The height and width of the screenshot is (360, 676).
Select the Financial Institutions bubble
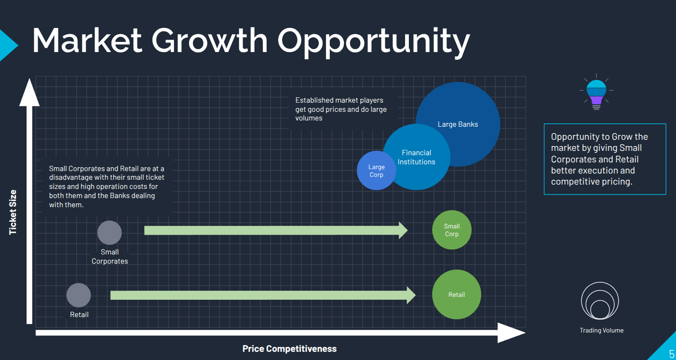tap(417, 157)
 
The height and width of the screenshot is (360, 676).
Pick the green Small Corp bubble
tap(452, 230)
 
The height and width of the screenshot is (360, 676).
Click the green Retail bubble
tap(457, 294)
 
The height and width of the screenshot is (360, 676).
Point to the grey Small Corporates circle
tap(109, 233)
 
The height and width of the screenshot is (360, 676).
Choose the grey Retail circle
tap(79, 295)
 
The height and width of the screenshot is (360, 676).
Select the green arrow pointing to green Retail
tap(263, 295)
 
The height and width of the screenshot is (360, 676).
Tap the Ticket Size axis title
tap(13, 212)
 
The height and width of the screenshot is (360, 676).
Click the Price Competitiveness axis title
tap(289, 348)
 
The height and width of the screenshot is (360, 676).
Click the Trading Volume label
tap(601, 330)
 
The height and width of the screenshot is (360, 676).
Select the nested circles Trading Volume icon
tap(600, 301)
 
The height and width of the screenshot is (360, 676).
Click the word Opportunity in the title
tap(373, 40)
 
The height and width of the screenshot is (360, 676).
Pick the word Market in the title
tap(87, 40)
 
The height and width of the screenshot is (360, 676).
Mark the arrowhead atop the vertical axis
tap(29, 92)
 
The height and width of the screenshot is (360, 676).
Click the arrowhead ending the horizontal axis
tap(511, 333)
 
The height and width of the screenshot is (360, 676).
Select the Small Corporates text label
tap(110, 256)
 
